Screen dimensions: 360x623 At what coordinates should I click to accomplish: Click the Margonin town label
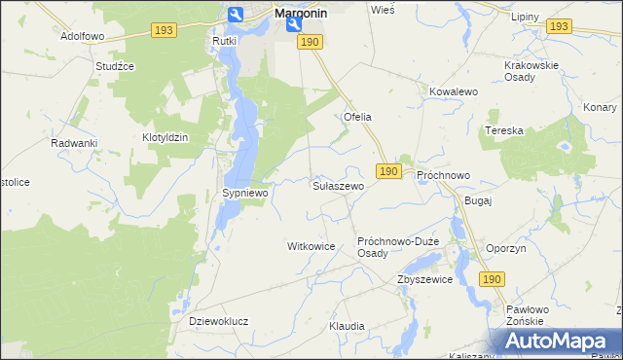(301, 15)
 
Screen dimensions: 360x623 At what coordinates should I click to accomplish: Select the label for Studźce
(114, 66)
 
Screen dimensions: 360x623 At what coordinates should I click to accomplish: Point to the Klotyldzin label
(165, 138)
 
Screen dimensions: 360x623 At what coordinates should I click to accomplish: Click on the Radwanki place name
(74, 143)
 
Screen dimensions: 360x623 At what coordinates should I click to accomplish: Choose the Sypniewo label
(244, 194)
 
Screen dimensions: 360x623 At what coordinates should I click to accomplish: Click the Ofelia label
(357, 117)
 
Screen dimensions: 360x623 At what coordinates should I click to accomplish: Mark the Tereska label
(505, 130)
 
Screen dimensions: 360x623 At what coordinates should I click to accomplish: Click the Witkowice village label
(311, 247)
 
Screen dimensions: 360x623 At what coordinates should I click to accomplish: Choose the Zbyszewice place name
(424, 279)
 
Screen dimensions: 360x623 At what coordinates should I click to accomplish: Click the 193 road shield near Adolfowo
(164, 31)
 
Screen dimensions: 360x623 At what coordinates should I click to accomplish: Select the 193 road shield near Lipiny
(558, 26)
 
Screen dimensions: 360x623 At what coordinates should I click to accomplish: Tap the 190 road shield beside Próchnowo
(388, 171)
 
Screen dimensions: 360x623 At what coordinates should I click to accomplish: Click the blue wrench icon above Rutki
(236, 15)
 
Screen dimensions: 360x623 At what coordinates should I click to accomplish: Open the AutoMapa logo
(557, 342)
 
